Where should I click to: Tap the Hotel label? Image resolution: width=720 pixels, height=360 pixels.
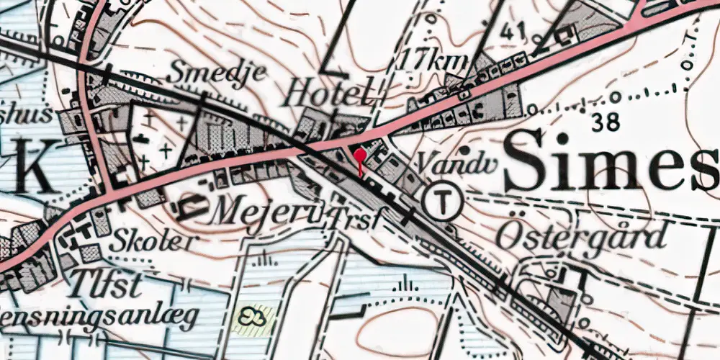click(x=330, y=93)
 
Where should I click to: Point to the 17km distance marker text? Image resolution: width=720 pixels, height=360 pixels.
click(x=436, y=60)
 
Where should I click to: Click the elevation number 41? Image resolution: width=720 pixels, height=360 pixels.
click(x=513, y=31)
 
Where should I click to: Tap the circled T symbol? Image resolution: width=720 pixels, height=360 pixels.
click(x=442, y=201)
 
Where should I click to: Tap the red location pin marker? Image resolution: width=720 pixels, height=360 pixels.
click(x=360, y=156)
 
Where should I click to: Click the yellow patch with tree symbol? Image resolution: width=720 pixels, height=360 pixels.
click(x=253, y=317)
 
